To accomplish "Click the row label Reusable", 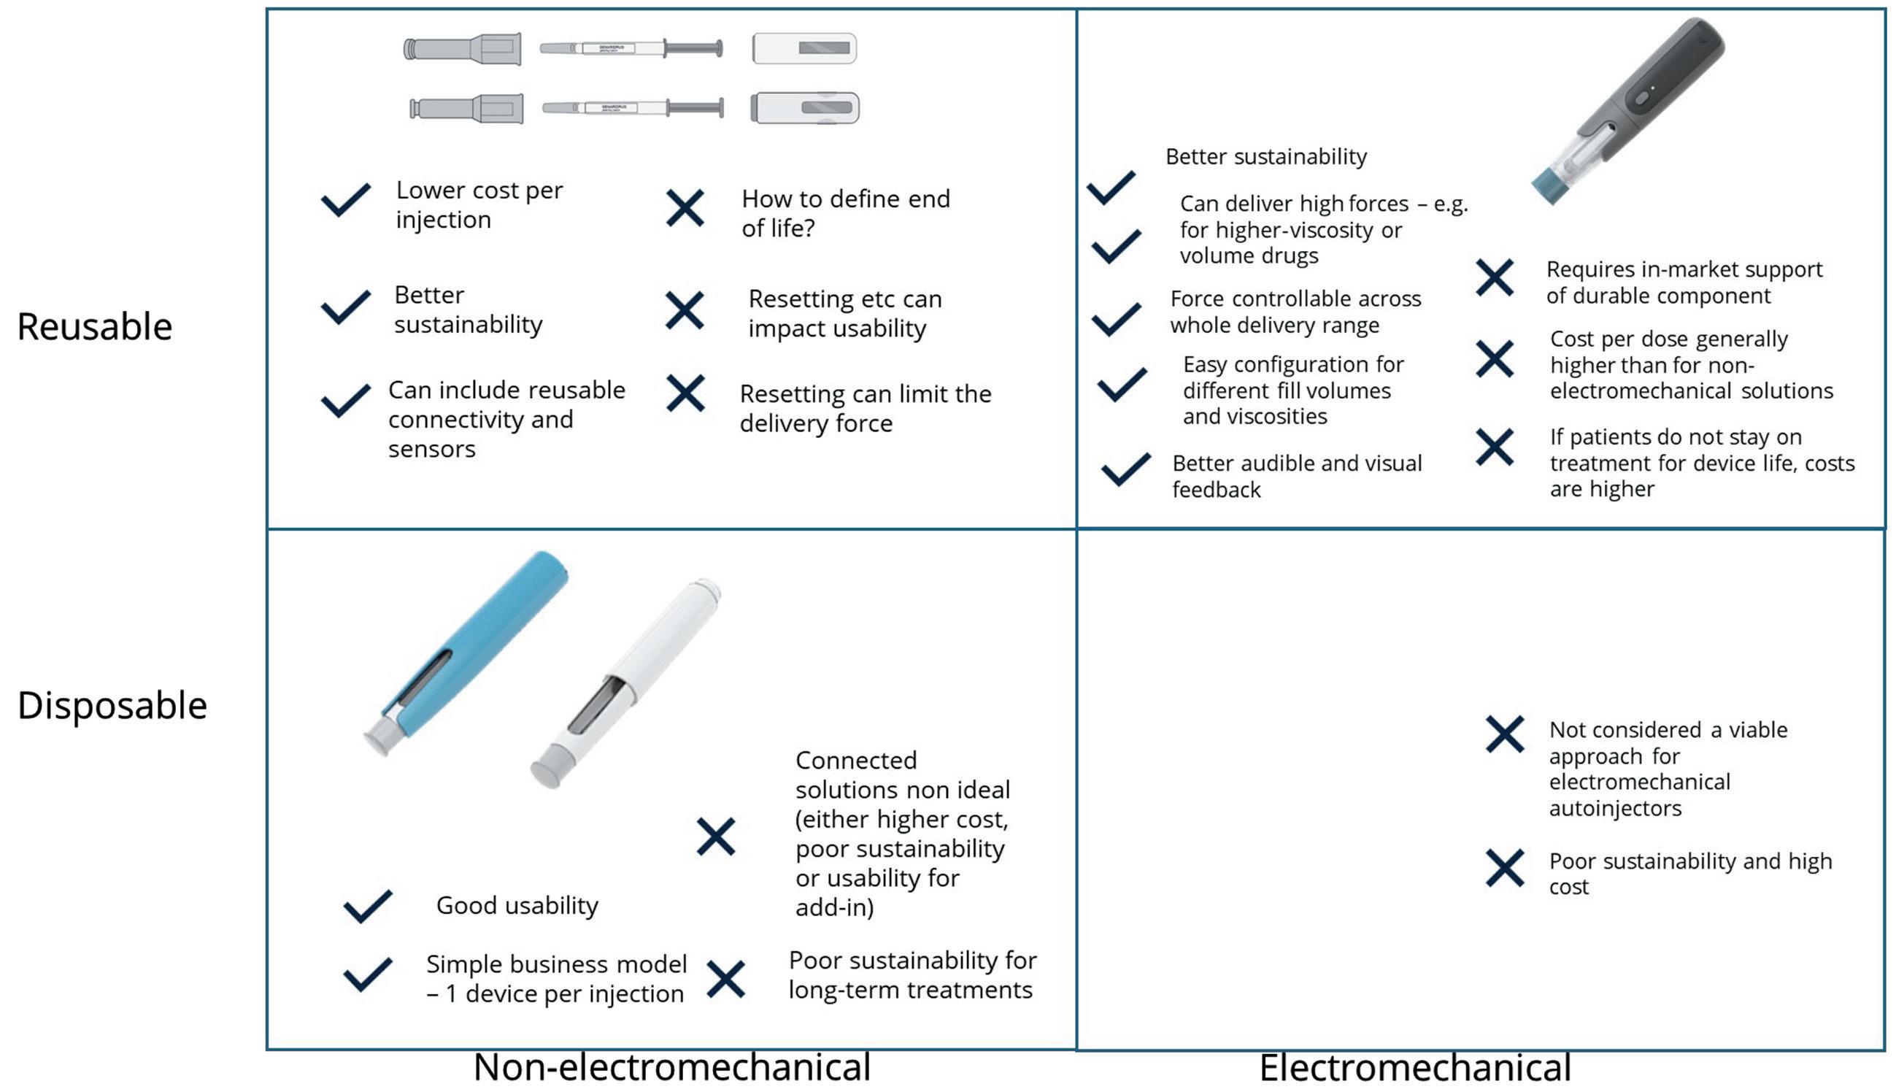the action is coord(94,327).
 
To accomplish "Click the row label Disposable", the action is coord(112,706).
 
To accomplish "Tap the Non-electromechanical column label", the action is coord(671,1067).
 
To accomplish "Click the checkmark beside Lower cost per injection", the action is coord(346,200).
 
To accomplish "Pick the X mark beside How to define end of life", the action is coord(685,209).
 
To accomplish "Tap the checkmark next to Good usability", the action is coord(367,906).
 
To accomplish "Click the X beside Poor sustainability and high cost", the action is coord(1504,869).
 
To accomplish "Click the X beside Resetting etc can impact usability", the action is coord(685,310).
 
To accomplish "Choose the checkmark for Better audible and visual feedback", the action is coord(1125,469).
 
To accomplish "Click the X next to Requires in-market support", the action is coord(1495,278).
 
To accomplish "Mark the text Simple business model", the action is coord(556,964).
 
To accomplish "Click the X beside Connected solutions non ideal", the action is coord(716,837).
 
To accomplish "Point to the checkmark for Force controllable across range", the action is coord(1117,319).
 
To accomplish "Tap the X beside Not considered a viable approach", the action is coord(1504,734).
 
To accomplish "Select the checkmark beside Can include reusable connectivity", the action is coord(346,401).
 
